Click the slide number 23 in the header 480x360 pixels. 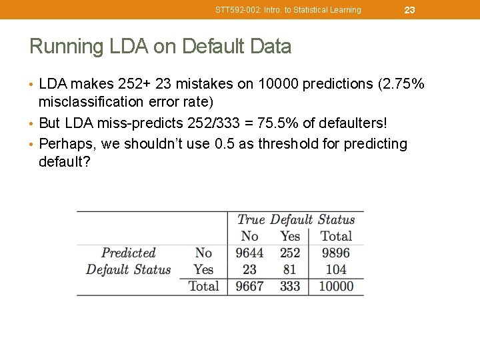click(409, 9)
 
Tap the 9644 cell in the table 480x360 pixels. click(250, 253)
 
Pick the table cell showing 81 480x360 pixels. click(290, 270)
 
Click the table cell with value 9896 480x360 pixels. click(336, 253)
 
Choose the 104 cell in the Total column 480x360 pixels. click(336, 270)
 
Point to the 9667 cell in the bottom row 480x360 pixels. click(250, 287)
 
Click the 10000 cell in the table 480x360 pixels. click(336, 287)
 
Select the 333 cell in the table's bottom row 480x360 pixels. click(290, 287)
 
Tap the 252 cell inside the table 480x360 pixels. click(290, 253)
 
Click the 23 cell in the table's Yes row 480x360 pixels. click(250, 270)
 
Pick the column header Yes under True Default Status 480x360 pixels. click(290, 237)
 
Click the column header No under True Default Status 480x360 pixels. click(250, 237)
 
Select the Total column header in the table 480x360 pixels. click(336, 237)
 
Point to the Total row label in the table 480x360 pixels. click(203, 287)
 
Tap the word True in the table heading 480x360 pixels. click(251, 220)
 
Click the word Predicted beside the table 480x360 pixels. click(128, 253)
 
